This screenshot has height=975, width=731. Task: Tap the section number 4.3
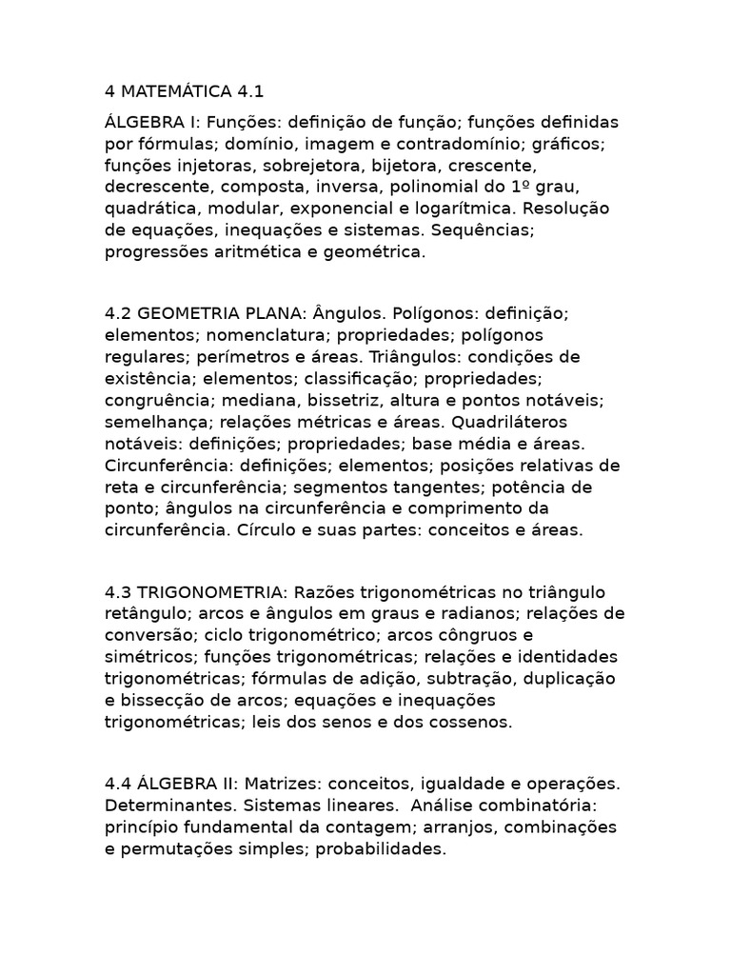[119, 591]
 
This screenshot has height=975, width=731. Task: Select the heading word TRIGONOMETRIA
[207, 591]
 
